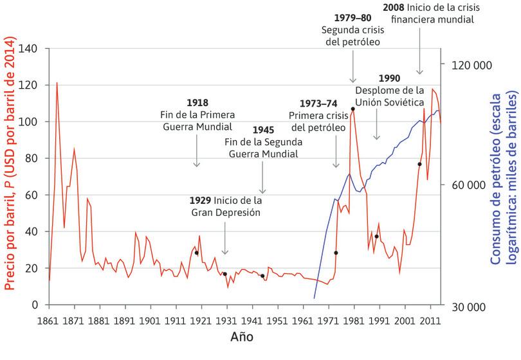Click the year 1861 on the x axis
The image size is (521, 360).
[x=48, y=320]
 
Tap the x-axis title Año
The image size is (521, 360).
[x=242, y=337]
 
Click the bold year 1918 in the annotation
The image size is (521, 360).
[x=197, y=102]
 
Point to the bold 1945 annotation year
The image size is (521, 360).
[x=262, y=129]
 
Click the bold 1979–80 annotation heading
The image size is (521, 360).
[x=352, y=17]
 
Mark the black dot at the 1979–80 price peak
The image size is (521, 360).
[x=353, y=109]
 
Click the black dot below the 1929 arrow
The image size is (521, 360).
[x=224, y=274]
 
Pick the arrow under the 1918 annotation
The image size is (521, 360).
[x=197, y=151]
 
